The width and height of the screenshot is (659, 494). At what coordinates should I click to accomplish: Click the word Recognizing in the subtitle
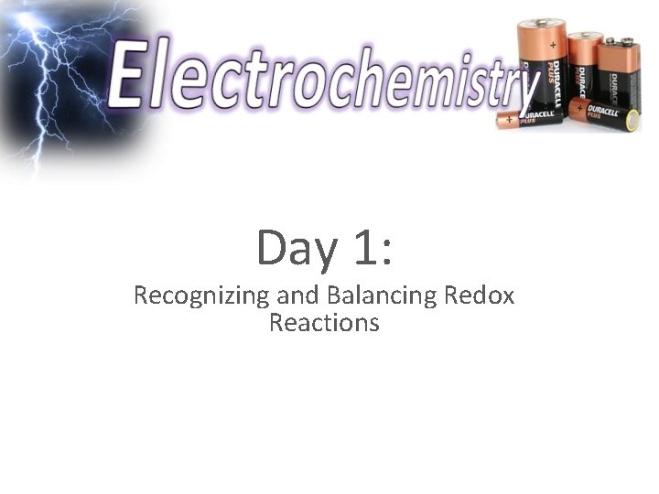184,296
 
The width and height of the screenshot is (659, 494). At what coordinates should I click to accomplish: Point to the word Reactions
324,323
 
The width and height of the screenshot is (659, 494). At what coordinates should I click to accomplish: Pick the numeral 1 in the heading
361,248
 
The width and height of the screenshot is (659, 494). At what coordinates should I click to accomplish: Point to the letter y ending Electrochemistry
524,87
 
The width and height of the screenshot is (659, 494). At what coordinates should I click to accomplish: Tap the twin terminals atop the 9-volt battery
619,41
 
